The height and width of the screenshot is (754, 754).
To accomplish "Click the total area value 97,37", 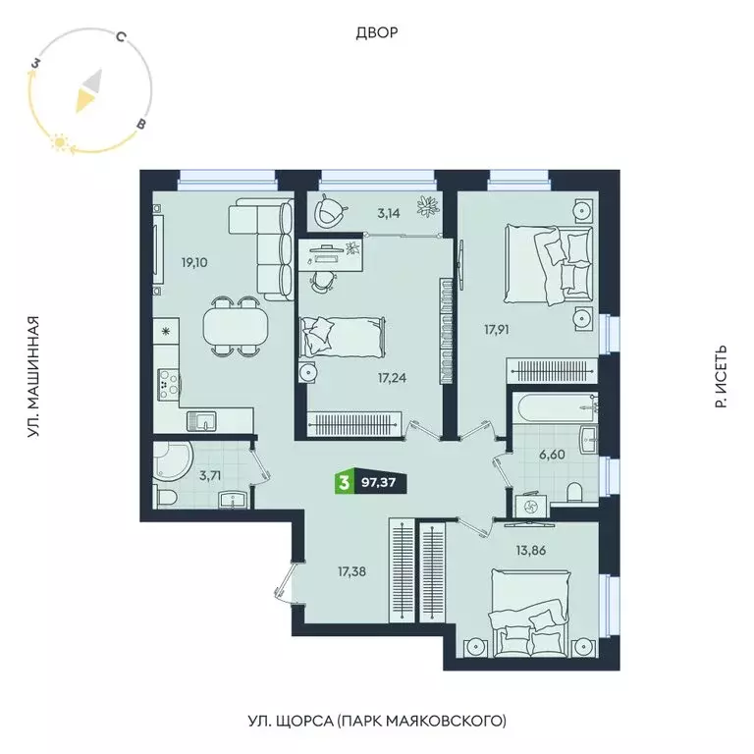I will [378, 483].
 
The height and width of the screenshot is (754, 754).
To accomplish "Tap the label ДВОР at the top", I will [377, 33].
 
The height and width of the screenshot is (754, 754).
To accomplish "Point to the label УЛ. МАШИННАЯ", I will [34, 376].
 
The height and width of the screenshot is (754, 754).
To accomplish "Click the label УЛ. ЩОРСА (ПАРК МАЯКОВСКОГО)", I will [377, 722].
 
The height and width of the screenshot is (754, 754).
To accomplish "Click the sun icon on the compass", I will [60, 144].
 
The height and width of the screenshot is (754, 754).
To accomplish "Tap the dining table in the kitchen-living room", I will [235, 325].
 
